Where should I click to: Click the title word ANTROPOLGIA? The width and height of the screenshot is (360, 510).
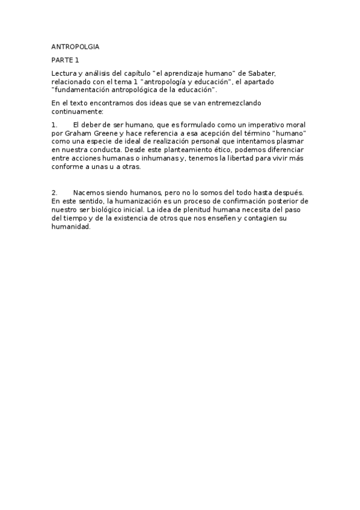click(76, 46)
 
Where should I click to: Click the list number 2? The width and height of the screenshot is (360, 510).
click(54, 192)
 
